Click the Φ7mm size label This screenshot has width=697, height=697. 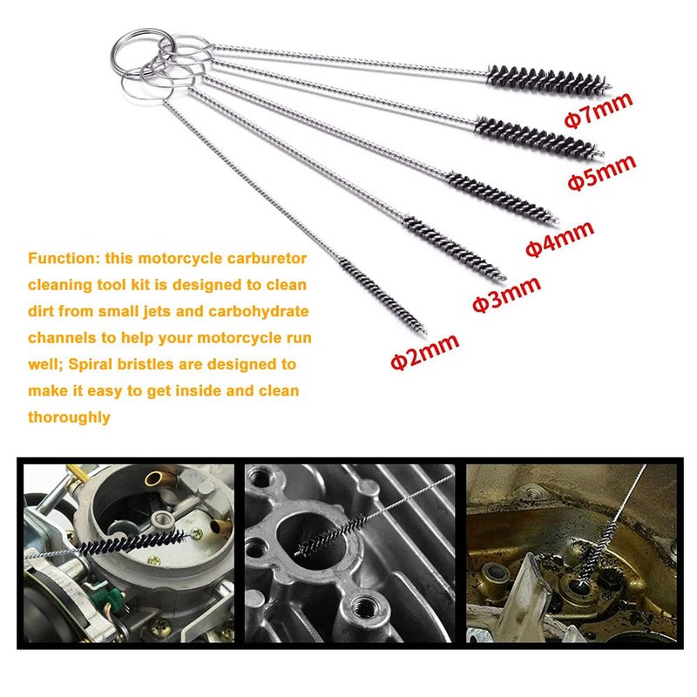click(599, 110)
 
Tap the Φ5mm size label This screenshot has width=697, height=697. click(602, 173)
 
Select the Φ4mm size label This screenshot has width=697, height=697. click(559, 239)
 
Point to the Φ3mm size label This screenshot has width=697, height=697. click(506, 294)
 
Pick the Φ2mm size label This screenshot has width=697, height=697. click(424, 352)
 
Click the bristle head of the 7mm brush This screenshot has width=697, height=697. click(550, 80)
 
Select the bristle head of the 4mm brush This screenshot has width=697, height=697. click(502, 198)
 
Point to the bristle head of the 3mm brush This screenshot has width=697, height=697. click(454, 248)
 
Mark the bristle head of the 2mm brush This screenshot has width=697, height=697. click(382, 296)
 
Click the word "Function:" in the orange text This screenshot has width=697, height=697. click(64, 258)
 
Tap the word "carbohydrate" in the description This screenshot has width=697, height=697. click(258, 312)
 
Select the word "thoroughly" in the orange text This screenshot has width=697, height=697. click(69, 417)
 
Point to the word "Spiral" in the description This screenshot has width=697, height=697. click(91, 364)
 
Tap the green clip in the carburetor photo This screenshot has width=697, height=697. click(114, 597)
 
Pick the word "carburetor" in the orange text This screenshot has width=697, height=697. click(267, 258)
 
